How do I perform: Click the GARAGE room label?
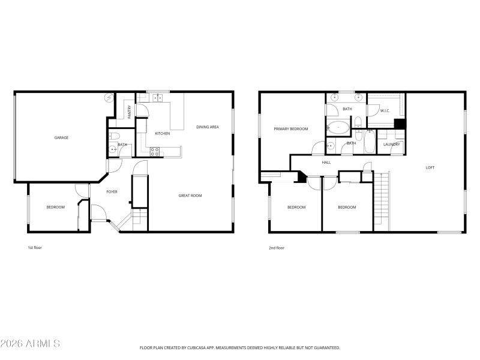click(x=61, y=138)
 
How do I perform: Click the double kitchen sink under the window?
click(x=158, y=98)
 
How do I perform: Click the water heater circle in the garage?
click(x=109, y=97)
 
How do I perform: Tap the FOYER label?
click(x=112, y=192)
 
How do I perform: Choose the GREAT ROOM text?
click(x=190, y=196)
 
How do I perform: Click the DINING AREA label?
click(x=208, y=127)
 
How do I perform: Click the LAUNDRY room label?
click(x=392, y=144)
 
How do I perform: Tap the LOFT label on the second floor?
click(x=430, y=167)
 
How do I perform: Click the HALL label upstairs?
click(x=326, y=162)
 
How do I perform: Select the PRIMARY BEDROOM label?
click(x=290, y=129)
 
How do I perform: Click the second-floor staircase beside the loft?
click(x=382, y=201)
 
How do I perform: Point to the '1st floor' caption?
click(x=35, y=248)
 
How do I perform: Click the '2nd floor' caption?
click(x=276, y=248)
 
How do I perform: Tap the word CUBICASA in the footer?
click(x=205, y=347)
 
